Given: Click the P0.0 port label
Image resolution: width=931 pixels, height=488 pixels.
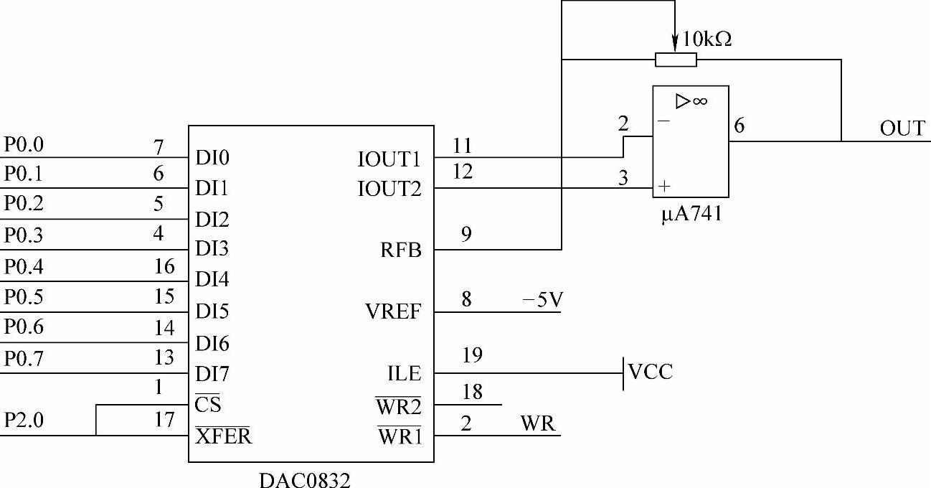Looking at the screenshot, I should coord(24,145).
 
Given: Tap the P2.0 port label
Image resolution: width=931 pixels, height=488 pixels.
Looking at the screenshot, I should coord(24,421).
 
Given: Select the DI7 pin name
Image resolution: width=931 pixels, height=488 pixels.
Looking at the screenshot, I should coord(212,375).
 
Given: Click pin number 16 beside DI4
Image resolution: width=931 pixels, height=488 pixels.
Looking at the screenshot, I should coord(164,267).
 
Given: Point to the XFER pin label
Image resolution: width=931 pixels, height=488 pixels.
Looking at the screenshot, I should coord(224,436).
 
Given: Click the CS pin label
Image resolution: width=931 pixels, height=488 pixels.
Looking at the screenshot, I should coord(208,405).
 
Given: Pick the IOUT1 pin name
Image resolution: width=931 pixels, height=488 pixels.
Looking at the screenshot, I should coord(389,159).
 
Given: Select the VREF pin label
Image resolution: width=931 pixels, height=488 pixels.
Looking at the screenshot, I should coord(393,313).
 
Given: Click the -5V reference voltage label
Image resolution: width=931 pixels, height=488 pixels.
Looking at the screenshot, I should coord(542,299).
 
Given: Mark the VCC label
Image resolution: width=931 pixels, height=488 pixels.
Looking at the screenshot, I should coord(651,372).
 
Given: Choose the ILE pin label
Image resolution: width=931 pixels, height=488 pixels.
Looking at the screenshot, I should coord(405,375).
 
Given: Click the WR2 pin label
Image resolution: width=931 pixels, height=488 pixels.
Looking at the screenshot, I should coord(399,406).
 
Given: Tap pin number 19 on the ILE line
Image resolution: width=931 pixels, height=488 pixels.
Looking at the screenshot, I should coord(473,355).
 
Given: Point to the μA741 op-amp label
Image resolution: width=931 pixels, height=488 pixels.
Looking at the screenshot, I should coord(691,214).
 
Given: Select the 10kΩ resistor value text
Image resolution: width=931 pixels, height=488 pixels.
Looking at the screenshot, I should coord(706,40).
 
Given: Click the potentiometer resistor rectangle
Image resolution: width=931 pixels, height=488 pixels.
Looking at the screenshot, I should coord(676,60).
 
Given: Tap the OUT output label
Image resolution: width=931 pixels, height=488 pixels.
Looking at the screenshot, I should coord(902,128).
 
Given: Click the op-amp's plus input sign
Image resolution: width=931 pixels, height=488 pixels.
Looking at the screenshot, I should coord(664,187).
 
